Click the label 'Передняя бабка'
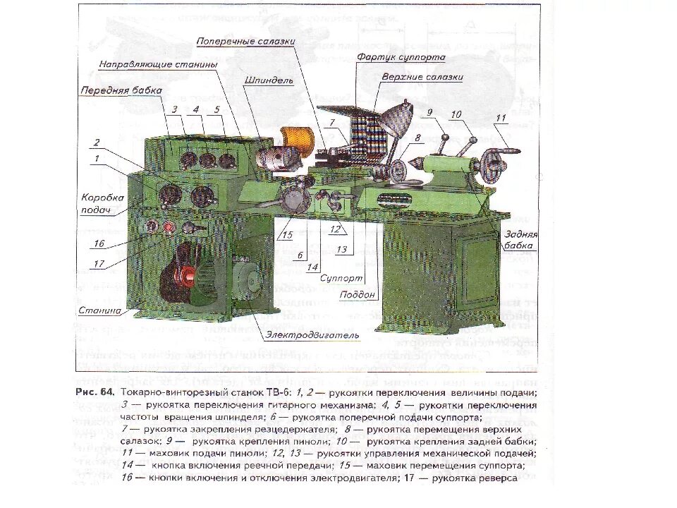(121, 91)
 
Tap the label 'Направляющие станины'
(158, 64)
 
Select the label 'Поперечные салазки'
(245, 42)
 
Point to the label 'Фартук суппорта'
(400, 56)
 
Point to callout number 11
(502, 118)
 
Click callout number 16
(98, 243)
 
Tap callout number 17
(98, 264)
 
